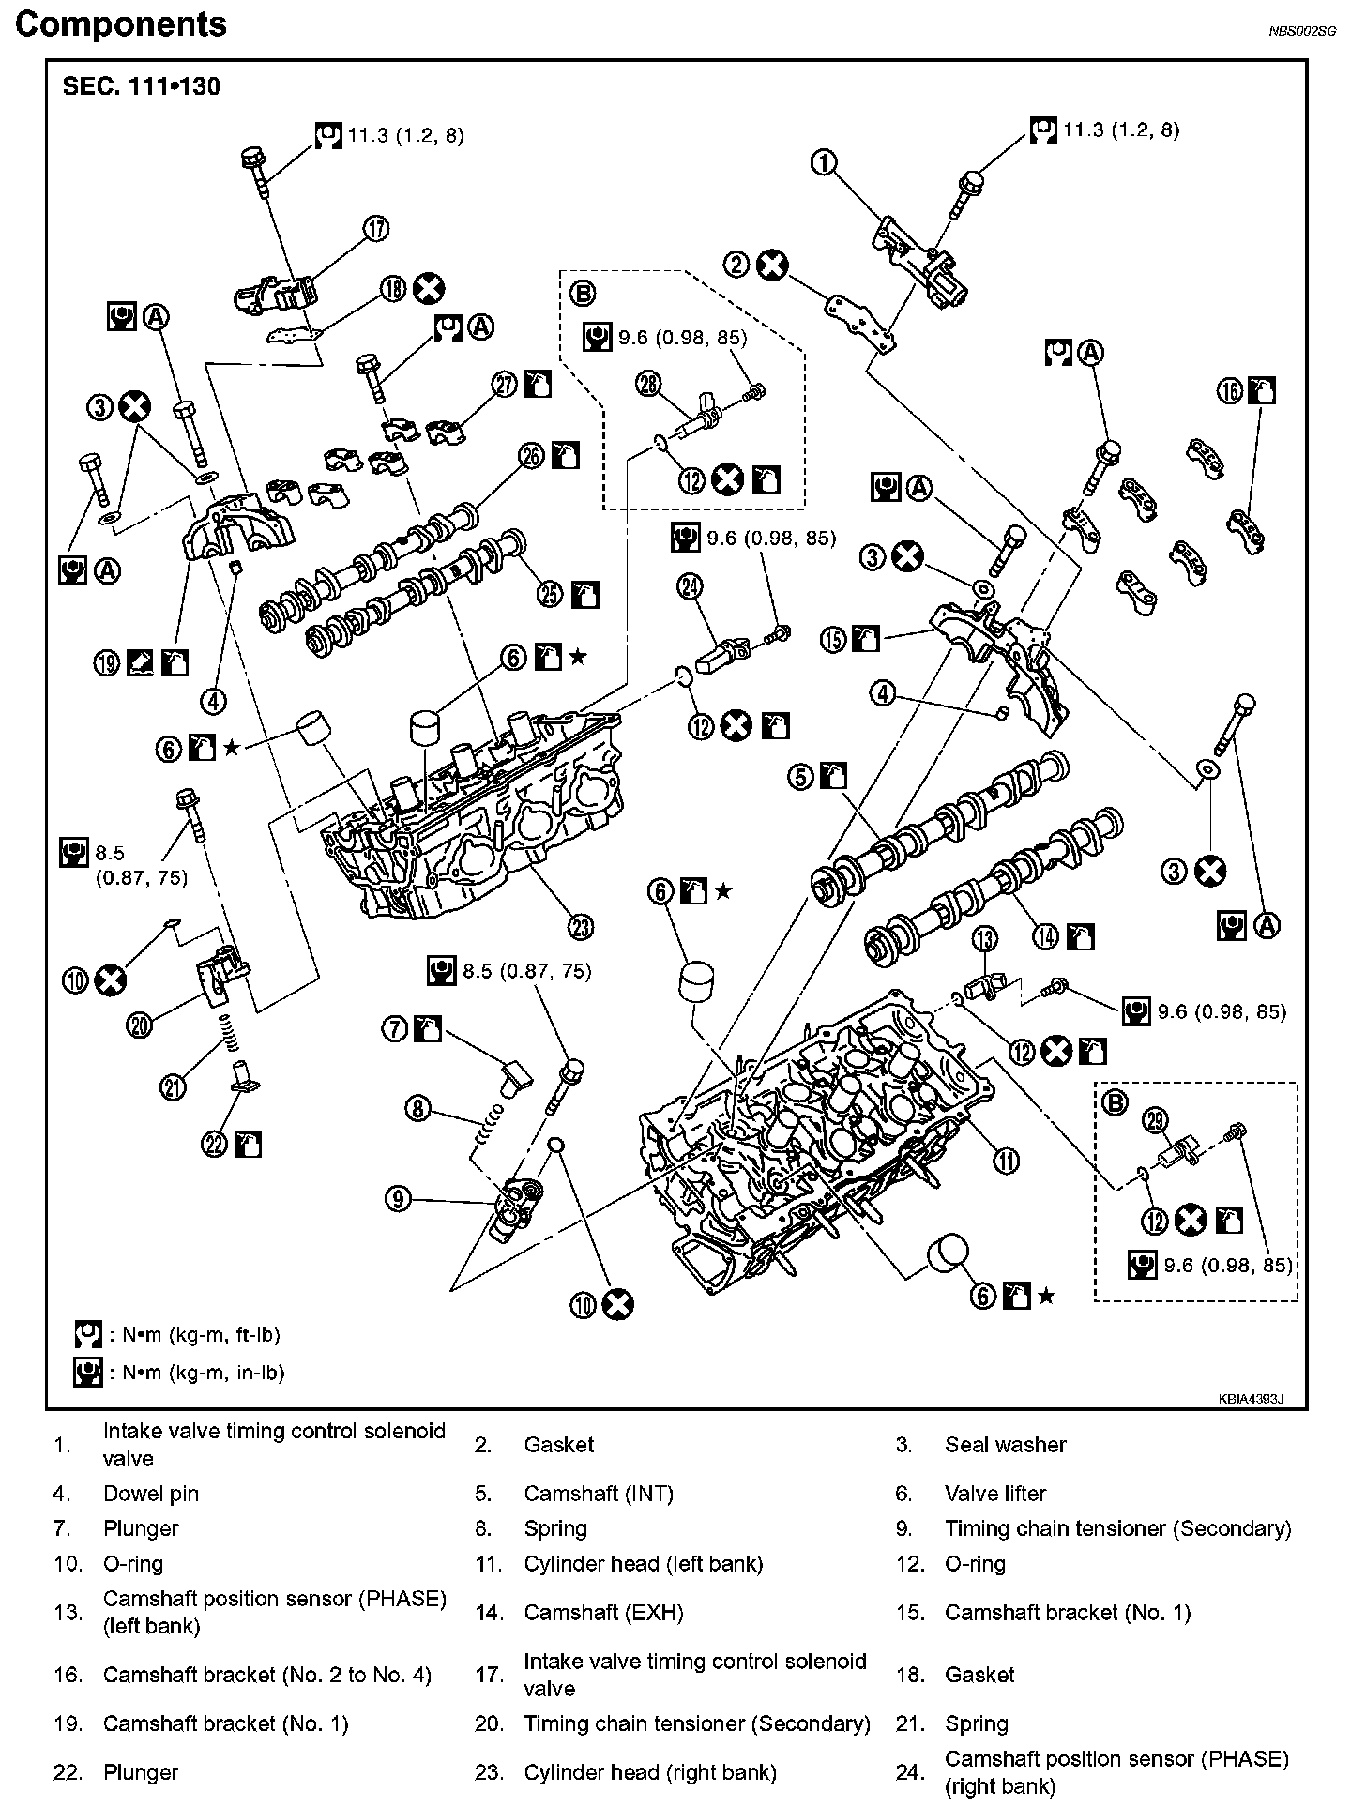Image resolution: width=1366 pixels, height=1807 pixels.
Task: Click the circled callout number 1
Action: pos(823,163)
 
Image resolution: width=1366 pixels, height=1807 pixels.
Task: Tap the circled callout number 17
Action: pos(376,228)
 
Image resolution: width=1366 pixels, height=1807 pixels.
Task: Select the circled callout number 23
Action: pos(582,927)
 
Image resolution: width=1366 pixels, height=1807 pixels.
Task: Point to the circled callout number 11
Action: pos(1006,1161)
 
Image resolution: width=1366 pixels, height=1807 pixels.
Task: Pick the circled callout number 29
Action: pos(1156,1120)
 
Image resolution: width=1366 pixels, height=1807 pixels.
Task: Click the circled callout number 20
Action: pos(140,1026)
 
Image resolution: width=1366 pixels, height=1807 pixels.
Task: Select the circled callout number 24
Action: pos(690,586)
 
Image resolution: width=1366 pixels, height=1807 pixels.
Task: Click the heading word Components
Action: pos(121,24)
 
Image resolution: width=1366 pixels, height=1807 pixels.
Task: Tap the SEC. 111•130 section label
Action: pos(142,86)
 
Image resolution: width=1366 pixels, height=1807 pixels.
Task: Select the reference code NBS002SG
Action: pos(1302,31)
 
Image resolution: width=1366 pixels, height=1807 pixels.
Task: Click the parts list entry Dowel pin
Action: pos(151,1494)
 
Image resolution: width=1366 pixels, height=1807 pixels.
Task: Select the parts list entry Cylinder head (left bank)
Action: pos(644,1564)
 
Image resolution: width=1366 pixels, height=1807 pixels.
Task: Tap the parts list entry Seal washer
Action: pos(1006,1445)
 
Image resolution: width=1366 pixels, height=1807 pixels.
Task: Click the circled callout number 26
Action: pos(531,456)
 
